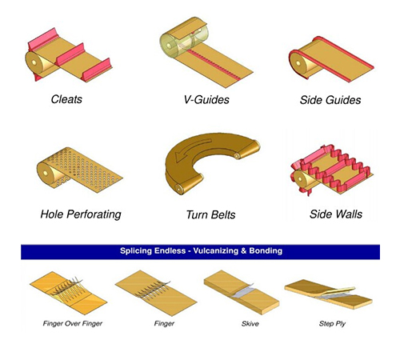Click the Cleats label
pos(66,99)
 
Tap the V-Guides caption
pos(206,100)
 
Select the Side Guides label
pos(330,100)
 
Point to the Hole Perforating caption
pos(81,214)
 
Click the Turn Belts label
pos(210,214)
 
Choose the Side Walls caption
pos(336,214)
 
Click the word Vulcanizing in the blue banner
pos(216,251)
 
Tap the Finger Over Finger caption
pos(73,324)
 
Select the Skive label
pos(250,324)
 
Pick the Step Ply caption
pos(332,324)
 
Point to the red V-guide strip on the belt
pos(214,64)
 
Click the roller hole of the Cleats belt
pos(34,62)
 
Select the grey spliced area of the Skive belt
pos(242,291)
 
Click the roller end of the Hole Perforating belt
pos(45,173)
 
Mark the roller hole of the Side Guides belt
pos(298,64)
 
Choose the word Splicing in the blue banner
pos(136,251)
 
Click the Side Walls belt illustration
pos(331,170)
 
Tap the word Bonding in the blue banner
pos(266,251)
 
